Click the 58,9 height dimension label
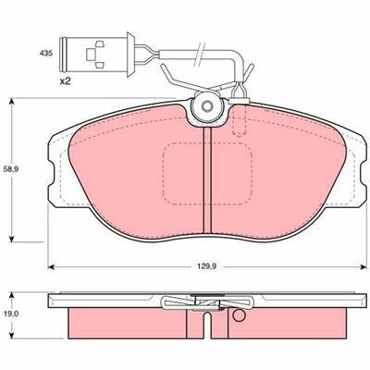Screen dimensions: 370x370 point(11,169)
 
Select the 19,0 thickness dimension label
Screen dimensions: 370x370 point(11,314)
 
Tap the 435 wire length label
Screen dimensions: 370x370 point(46,53)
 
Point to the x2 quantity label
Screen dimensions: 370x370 point(65,81)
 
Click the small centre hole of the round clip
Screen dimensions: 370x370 point(207,106)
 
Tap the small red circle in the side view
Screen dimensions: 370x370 point(239,315)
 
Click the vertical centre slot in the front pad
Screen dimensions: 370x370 point(207,180)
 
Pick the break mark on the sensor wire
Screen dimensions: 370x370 point(199,54)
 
